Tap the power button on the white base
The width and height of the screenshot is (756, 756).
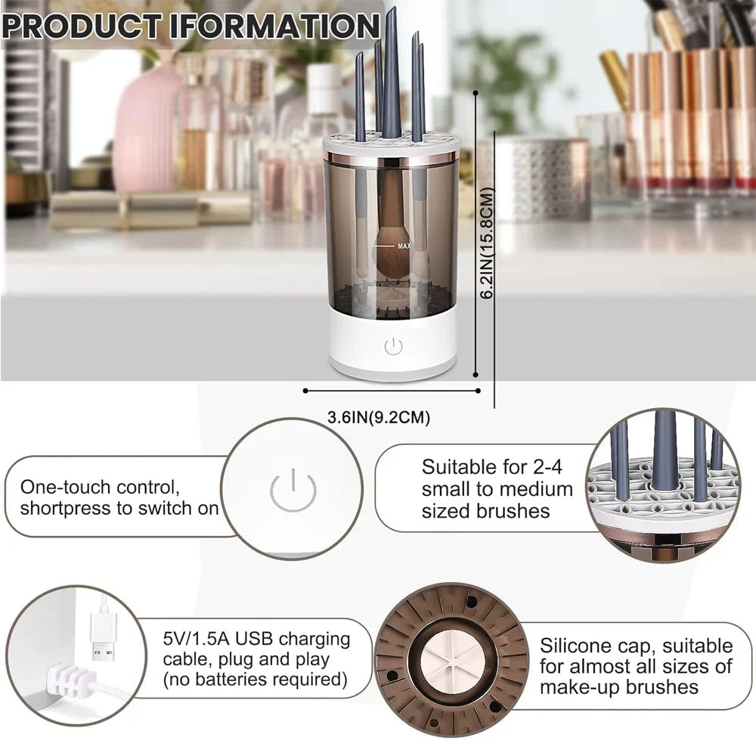pyautogui.click(x=393, y=347)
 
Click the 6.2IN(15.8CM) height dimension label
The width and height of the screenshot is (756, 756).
pyautogui.click(x=488, y=243)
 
